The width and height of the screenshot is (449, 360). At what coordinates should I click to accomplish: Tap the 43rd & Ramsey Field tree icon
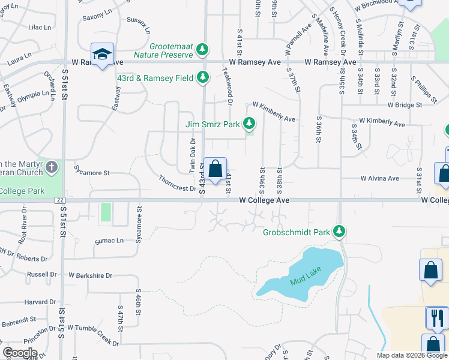203,77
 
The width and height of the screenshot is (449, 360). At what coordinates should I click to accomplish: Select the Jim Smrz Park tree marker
249,125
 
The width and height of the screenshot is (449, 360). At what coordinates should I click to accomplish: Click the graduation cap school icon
102,54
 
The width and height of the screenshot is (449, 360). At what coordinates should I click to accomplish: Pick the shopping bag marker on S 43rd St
215,170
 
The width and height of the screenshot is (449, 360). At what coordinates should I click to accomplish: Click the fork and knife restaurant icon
437,317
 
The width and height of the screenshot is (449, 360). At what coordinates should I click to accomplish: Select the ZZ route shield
59,200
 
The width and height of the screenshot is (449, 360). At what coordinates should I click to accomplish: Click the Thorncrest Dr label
178,184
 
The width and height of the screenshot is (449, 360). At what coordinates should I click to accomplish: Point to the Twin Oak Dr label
193,154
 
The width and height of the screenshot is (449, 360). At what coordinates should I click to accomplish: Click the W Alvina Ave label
379,178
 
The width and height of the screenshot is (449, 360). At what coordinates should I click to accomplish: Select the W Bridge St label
405,104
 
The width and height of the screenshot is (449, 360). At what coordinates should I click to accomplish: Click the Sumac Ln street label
109,240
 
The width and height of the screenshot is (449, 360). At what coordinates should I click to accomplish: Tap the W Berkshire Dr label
90,275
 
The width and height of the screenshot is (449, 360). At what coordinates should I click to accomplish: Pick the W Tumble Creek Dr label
93,332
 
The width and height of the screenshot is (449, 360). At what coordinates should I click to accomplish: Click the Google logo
20,353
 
